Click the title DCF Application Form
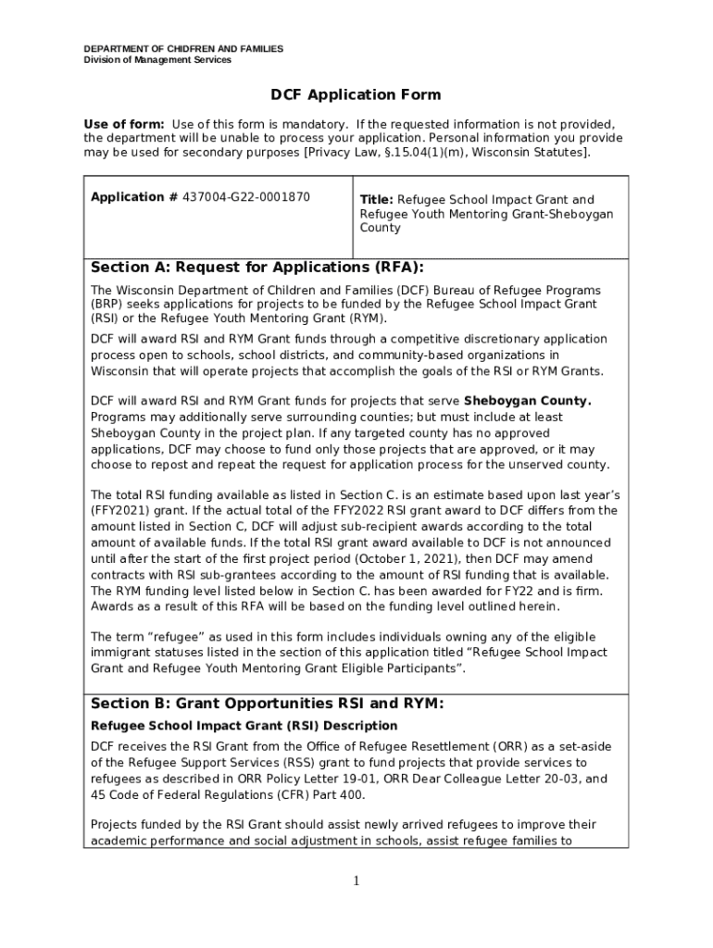[x=356, y=95]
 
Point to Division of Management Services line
[x=157, y=60]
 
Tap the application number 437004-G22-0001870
[x=246, y=197]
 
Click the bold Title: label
[x=376, y=200]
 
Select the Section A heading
[x=256, y=268]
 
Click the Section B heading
[x=267, y=704]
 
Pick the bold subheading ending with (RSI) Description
[x=244, y=726]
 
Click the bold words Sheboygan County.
[x=527, y=402]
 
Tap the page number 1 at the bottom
[x=356, y=880]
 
